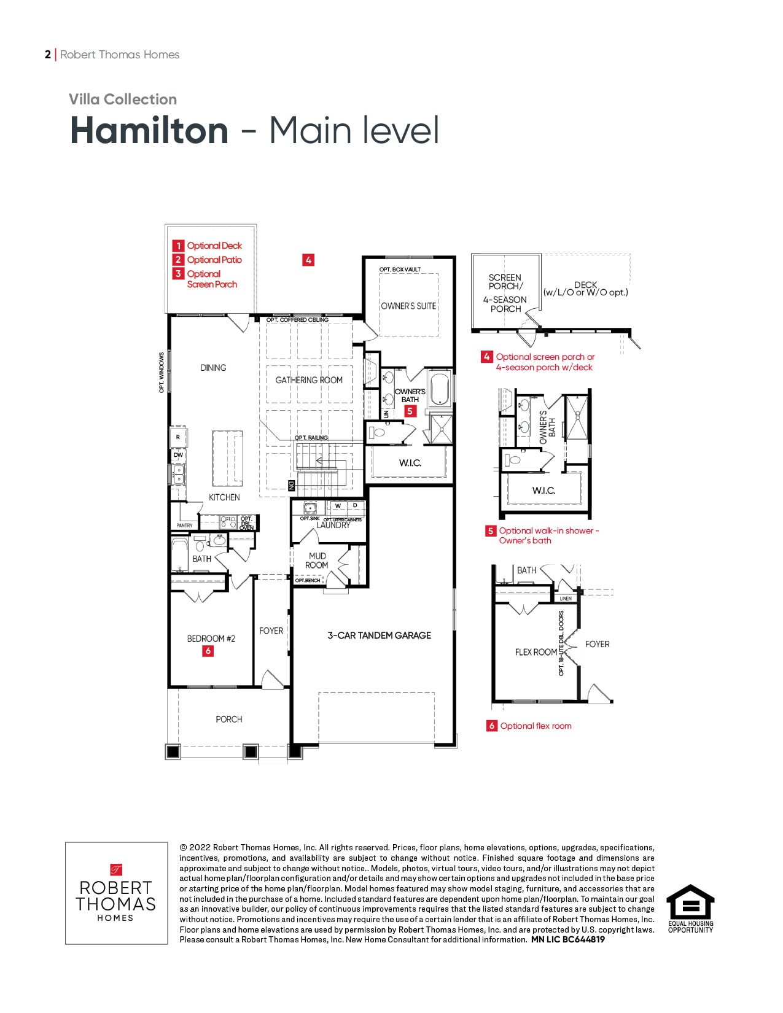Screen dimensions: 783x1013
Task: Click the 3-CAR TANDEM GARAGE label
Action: (x=379, y=635)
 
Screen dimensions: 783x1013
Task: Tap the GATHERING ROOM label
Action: (x=309, y=380)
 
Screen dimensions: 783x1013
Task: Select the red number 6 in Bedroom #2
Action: (x=208, y=651)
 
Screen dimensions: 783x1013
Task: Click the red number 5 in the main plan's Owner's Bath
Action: (x=410, y=411)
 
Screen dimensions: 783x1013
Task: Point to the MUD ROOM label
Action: (x=317, y=561)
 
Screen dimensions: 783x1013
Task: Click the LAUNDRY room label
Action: (x=333, y=525)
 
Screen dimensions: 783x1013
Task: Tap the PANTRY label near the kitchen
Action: (x=184, y=526)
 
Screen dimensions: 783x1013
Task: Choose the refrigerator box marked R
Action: (x=177, y=437)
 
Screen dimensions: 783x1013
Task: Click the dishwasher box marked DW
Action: (x=178, y=455)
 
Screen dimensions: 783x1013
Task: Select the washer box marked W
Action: (x=338, y=506)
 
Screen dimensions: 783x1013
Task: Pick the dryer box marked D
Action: (x=356, y=506)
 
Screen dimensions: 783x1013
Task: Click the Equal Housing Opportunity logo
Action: (x=691, y=909)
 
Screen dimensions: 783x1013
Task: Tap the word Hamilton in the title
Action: (x=149, y=130)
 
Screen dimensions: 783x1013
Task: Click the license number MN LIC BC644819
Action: (x=568, y=940)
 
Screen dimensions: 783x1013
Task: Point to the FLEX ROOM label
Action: (x=536, y=652)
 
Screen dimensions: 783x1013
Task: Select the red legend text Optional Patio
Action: (x=214, y=260)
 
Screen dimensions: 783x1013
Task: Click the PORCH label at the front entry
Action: (x=229, y=720)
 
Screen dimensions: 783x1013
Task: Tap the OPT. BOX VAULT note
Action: (x=400, y=270)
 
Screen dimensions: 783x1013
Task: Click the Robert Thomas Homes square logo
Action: (x=116, y=893)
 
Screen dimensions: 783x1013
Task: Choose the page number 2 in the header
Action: (x=47, y=55)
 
